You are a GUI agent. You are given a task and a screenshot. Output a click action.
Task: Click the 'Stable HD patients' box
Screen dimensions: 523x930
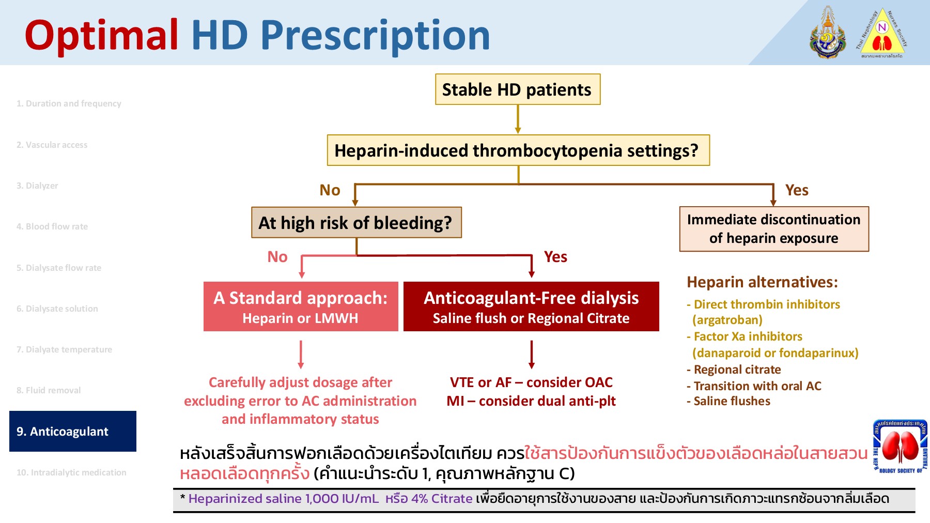[517, 89]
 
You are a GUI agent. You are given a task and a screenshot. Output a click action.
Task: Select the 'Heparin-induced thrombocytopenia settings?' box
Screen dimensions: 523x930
[518, 150]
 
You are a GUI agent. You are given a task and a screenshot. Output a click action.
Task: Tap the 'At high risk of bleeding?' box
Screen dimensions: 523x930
[356, 223]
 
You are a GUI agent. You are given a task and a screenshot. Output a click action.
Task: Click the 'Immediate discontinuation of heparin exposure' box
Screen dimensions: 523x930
[773, 229]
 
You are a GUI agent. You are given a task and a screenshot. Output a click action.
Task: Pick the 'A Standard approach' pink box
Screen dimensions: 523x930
[300, 306]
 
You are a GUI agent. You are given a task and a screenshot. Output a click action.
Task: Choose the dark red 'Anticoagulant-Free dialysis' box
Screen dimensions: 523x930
[531, 306]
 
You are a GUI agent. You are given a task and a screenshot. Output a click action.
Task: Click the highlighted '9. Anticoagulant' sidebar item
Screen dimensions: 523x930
[72, 432]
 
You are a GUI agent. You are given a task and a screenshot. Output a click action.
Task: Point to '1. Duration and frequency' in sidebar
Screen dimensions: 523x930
[69, 103]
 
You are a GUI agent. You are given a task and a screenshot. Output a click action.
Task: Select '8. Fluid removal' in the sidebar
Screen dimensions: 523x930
[49, 390]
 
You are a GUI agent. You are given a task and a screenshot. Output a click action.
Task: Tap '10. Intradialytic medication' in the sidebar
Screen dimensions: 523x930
[71, 472]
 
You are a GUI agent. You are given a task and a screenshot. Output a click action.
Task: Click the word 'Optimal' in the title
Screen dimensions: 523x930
[101, 35]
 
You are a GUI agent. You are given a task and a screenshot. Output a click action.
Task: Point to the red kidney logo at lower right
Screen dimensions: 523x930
[900, 446]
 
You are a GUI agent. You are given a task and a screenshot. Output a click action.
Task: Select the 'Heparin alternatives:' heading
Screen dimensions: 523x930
[762, 282]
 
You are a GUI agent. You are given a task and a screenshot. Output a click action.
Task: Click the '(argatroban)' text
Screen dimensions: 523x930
[727, 320]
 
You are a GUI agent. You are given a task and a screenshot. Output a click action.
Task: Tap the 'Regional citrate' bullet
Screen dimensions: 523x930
[737, 370]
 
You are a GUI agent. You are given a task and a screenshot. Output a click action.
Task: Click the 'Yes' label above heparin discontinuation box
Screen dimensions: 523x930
[796, 190]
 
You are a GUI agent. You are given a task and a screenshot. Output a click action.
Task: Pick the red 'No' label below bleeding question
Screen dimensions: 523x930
[277, 257]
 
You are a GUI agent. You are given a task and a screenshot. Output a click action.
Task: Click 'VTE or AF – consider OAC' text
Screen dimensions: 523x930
[531, 382]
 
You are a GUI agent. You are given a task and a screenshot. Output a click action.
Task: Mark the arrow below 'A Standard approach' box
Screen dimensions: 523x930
[301, 354]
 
